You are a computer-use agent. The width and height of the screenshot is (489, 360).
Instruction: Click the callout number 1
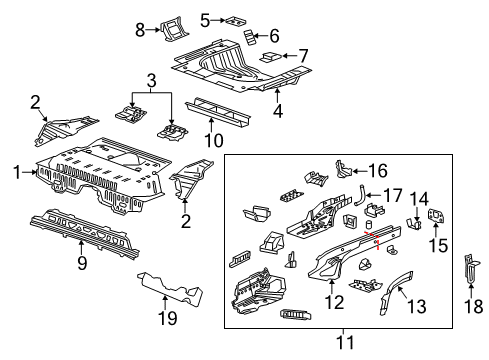coord(15,171)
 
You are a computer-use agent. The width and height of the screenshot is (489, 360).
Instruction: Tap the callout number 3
coord(151,80)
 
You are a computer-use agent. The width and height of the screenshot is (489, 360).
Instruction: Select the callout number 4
coord(277,111)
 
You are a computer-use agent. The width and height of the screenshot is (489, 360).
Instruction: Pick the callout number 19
coord(169,318)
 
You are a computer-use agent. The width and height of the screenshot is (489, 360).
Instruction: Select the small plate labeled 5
coord(237,19)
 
